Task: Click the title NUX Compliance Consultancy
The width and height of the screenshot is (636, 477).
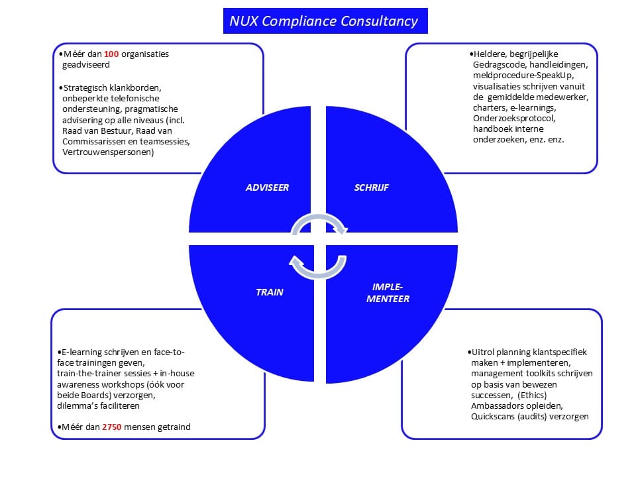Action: click(323, 21)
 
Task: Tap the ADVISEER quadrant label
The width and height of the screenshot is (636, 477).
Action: click(267, 187)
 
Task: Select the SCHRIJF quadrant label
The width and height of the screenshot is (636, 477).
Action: click(371, 187)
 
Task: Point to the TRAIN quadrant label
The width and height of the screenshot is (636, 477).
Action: click(270, 291)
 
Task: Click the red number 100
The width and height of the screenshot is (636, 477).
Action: click(111, 54)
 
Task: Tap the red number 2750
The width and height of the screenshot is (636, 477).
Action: click(113, 427)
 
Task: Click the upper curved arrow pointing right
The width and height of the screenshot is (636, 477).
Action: click(319, 223)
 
